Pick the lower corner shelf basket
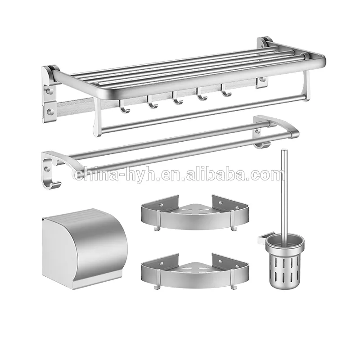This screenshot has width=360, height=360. pos(195,273)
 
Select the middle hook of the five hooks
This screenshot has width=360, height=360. pos(177,99)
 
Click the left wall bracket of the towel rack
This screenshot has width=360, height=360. pos(50,94)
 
